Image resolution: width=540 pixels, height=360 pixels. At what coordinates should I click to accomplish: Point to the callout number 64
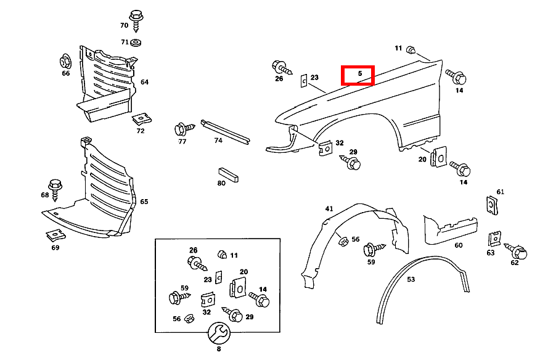coord(144,82)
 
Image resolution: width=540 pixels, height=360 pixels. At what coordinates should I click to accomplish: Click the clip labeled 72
coord(142,117)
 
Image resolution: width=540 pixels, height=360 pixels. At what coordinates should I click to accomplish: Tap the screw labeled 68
coord(55,186)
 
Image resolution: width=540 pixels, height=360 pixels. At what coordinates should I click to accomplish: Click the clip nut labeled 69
coord(54,235)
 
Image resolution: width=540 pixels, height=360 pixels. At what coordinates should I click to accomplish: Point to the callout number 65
coord(144,202)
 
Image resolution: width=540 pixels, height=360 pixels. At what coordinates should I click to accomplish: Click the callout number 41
coord(329,209)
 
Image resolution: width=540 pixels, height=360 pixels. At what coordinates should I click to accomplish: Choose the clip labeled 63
coord(493,239)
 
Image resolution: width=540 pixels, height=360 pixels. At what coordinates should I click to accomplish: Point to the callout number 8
coord(218,349)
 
